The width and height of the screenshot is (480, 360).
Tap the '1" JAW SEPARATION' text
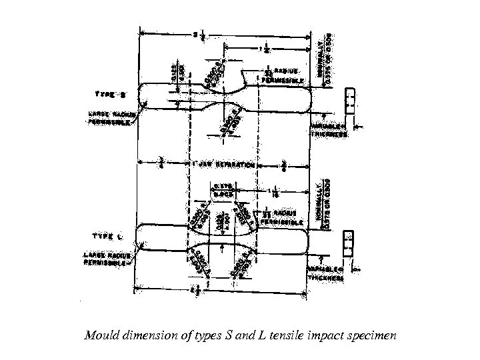click(x=223, y=164)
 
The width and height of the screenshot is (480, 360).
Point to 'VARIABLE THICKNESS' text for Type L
click(x=326, y=273)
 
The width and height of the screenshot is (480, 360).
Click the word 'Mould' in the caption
click(x=100, y=335)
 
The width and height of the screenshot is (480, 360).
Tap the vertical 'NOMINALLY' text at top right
click(x=322, y=57)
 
